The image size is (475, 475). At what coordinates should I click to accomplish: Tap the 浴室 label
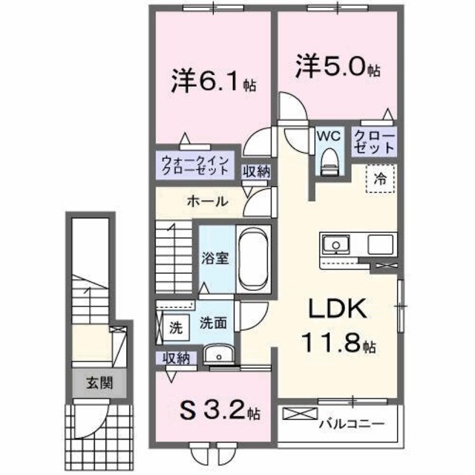(215, 259)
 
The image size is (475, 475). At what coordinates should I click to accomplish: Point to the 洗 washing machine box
(174, 327)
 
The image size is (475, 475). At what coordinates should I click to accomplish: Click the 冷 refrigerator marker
(381, 179)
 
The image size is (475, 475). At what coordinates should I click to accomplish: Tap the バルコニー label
(351, 425)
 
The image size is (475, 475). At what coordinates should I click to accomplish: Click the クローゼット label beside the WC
(369, 141)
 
